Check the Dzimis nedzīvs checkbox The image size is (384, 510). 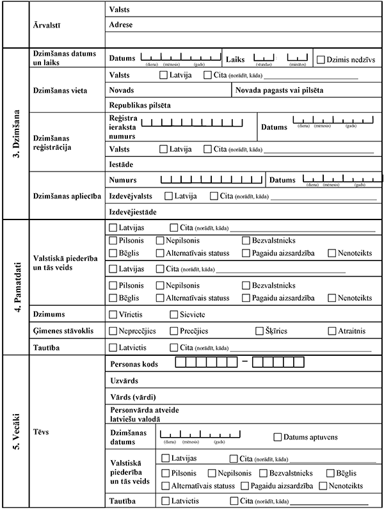pos(321,60)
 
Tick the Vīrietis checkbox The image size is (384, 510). pos(113,314)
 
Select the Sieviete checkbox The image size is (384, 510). pos(174,314)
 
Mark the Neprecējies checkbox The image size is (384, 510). pos(113,331)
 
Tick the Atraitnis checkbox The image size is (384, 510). pos(332,331)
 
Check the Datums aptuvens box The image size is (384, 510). pos(278,437)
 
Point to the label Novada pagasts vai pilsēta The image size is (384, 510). pos(279,90)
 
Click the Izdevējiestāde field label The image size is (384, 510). pos(134,211)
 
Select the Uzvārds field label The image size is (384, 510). pos(124,379)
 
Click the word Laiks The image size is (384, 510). pos(237,59)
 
